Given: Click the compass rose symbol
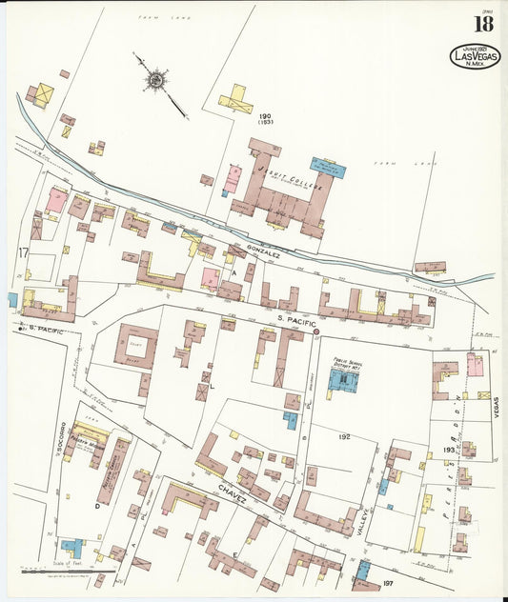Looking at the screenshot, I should coord(154,78).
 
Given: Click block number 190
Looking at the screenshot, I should coord(265,116).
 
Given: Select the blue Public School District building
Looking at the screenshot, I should coord(342,381).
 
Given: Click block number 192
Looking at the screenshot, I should coord(345,435).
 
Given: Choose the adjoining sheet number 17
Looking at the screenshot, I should coord(20,252).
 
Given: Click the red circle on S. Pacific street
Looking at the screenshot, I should coord(316,331).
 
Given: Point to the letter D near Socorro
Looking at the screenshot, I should coord(97,506).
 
